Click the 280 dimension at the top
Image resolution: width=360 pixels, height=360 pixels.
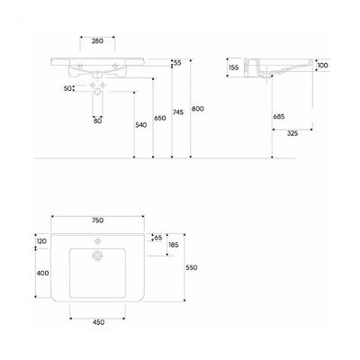click(x=96, y=40)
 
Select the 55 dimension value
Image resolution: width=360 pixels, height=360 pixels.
click(x=177, y=63)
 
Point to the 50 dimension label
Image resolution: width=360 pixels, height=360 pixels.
click(x=67, y=88)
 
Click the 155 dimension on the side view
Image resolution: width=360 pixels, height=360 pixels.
click(x=233, y=67)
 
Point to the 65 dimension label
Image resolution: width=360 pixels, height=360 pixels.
click(x=158, y=238)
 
